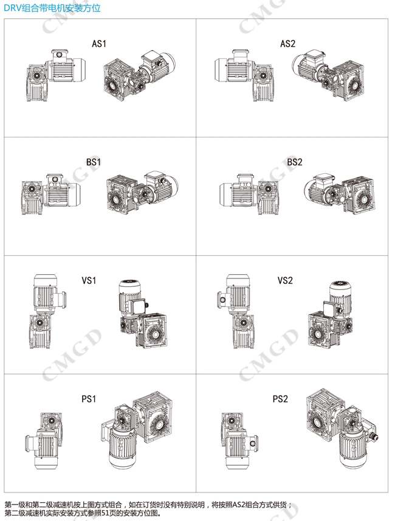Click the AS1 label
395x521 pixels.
(x=99, y=44)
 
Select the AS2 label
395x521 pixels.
(x=287, y=44)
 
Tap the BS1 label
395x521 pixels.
(x=94, y=162)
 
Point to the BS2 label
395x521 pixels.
(x=295, y=162)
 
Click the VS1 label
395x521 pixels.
(x=89, y=280)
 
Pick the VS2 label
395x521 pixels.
(x=285, y=280)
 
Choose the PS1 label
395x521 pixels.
(x=89, y=399)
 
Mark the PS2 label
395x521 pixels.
(x=280, y=399)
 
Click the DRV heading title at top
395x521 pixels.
(x=52, y=8)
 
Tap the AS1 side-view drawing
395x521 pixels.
(x=57, y=75)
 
